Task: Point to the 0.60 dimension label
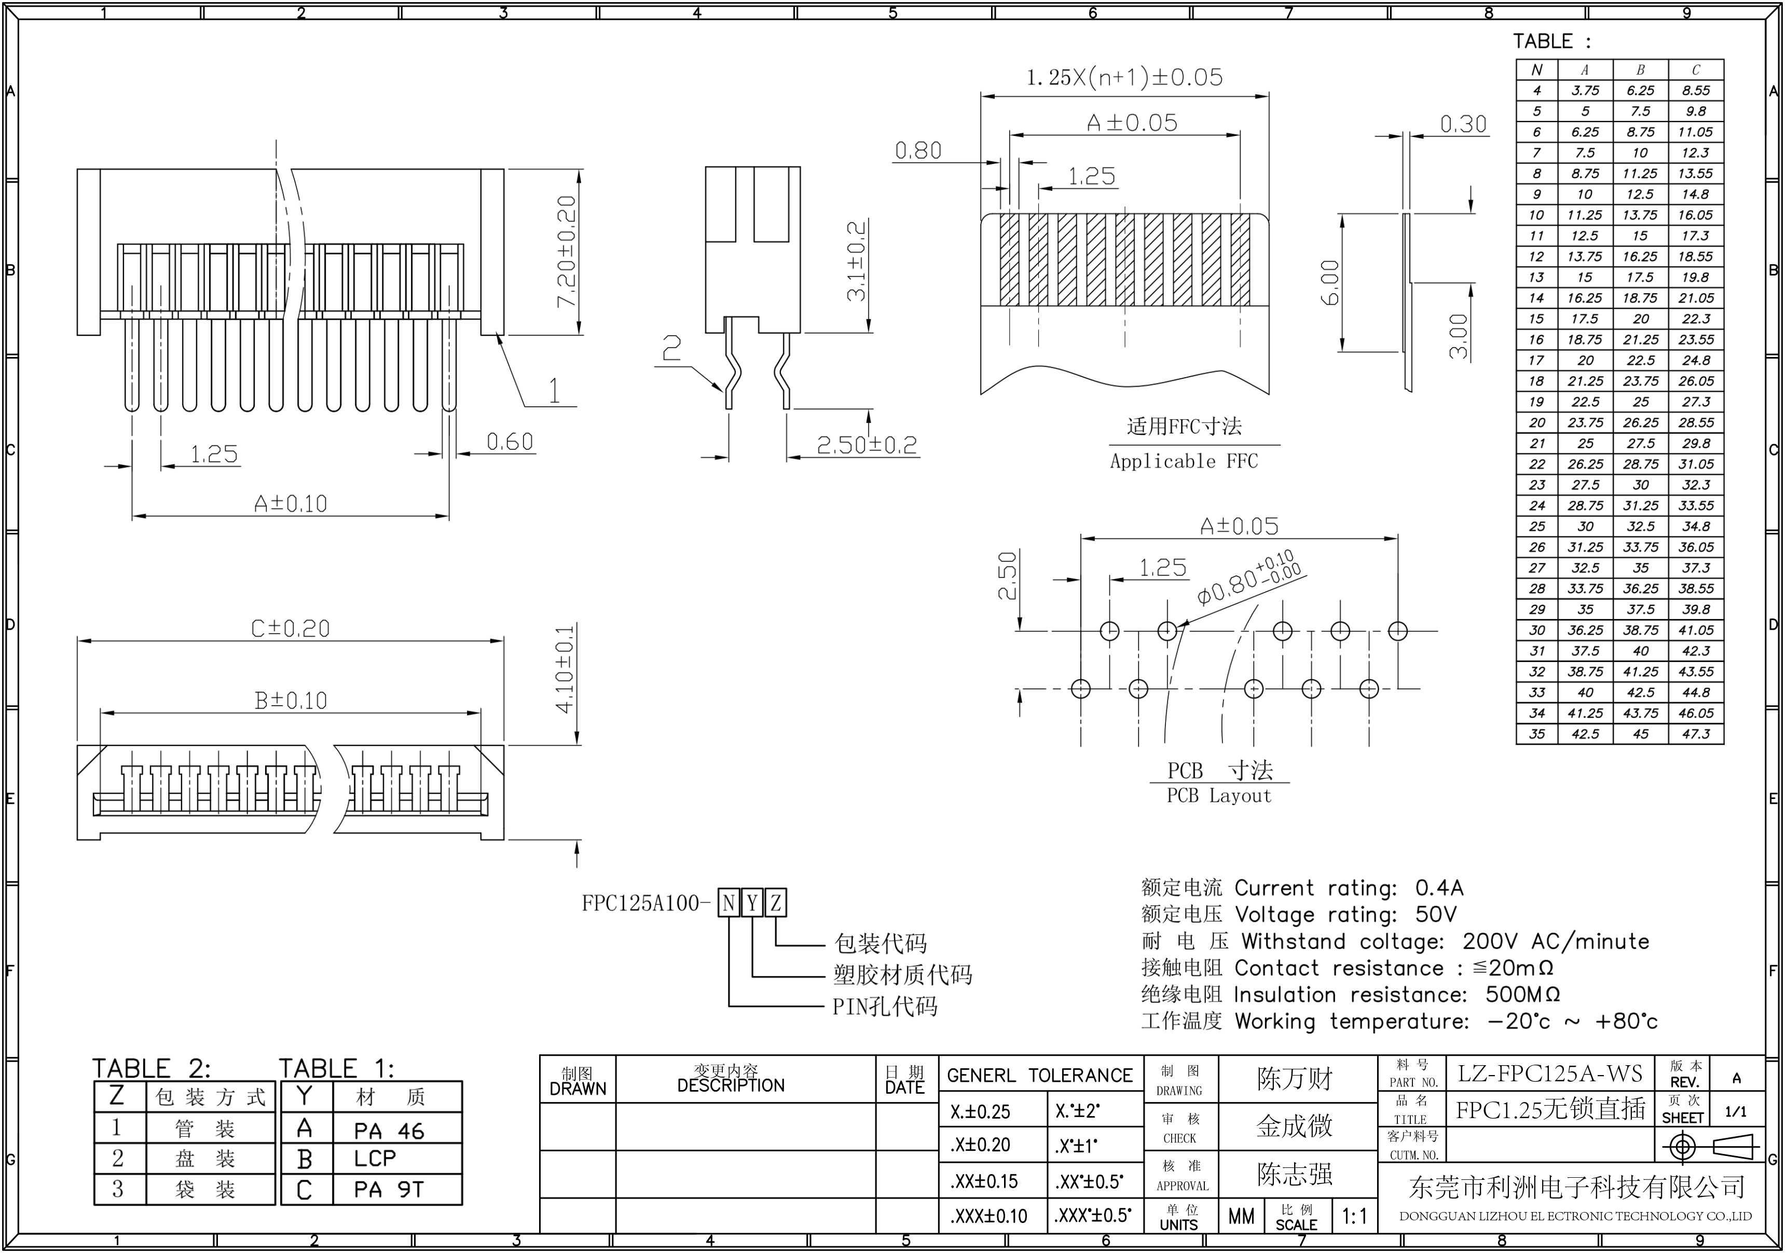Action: point(510,442)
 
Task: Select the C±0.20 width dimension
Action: point(290,628)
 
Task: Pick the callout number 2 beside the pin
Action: point(670,349)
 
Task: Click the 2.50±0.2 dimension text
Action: point(867,444)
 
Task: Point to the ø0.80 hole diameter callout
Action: point(1248,578)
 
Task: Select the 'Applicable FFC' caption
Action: point(1183,461)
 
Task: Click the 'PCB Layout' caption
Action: point(1218,796)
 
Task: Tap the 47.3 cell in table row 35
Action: point(1696,734)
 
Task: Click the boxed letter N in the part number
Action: point(728,903)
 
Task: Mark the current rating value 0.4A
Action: point(1439,887)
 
